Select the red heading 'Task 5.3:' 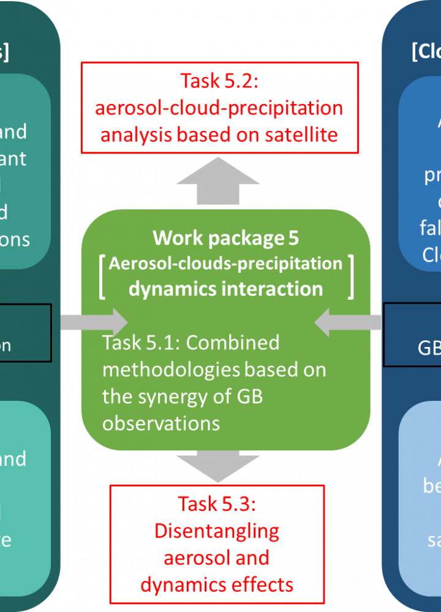(x=217, y=504)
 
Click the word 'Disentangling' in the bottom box (x=217, y=531)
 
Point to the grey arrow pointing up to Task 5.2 (x=217, y=181)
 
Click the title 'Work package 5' (x=225, y=237)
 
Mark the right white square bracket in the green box (x=351, y=277)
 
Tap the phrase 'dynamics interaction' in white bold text (x=225, y=289)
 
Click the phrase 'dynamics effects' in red (x=217, y=585)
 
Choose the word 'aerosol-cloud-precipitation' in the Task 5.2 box (x=219, y=108)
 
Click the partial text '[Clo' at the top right (x=426, y=51)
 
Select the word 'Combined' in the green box (x=233, y=343)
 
